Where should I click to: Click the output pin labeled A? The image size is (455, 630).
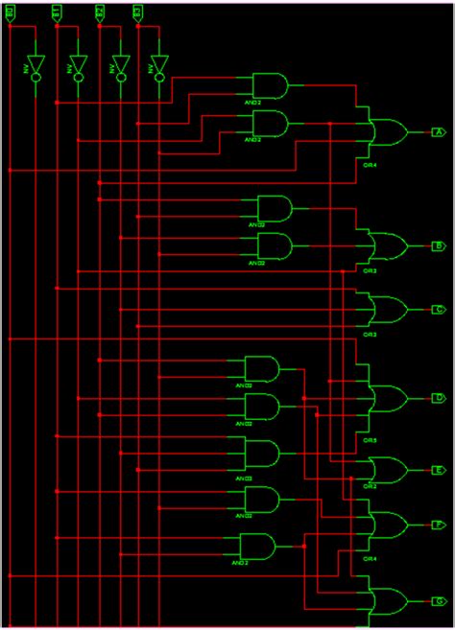click(438, 131)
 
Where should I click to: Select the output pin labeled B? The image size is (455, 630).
click(438, 245)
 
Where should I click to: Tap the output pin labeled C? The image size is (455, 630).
click(438, 309)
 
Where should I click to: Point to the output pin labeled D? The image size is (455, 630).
click(438, 397)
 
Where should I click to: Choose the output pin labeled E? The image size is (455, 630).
click(438, 470)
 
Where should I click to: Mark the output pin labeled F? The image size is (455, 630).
click(438, 525)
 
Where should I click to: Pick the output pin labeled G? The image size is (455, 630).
click(438, 601)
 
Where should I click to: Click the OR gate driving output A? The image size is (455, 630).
click(386, 132)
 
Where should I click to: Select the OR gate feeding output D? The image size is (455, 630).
click(387, 398)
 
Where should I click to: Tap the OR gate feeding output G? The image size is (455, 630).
click(387, 601)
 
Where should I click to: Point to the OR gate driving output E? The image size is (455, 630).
click(387, 470)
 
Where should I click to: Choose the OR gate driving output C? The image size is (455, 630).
click(387, 309)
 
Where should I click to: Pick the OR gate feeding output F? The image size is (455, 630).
click(387, 525)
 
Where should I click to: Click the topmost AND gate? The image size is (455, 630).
click(270, 86)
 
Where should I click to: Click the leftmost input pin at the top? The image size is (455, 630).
click(10, 12)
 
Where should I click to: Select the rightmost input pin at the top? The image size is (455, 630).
click(137, 12)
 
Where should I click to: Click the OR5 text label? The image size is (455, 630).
click(370, 440)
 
